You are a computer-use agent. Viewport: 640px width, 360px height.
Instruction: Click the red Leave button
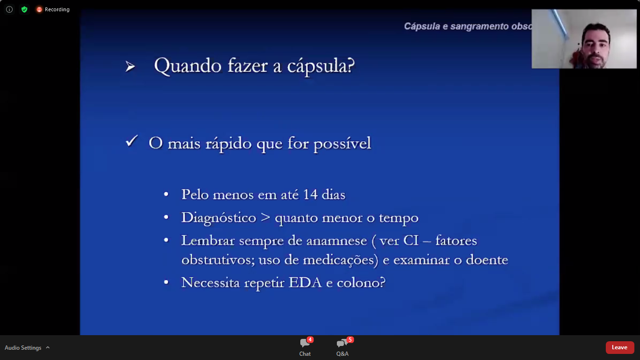tap(620, 347)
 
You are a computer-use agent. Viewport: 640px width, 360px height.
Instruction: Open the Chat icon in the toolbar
tap(305, 343)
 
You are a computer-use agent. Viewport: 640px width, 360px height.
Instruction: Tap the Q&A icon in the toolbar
tap(342, 343)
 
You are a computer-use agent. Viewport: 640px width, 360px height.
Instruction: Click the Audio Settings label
tap(23, 348)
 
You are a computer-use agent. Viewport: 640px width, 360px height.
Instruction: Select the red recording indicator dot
tap(39, 9)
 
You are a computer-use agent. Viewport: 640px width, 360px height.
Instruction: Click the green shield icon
tap(24, 9)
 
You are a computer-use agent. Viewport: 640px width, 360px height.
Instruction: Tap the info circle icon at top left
tap(9, 9)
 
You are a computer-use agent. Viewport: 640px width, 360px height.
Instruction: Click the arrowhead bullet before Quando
tap(130, 67)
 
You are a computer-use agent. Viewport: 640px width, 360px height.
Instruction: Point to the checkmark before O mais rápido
tap(132, 141)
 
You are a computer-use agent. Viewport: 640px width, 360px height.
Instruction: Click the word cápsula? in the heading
tap(321, 67)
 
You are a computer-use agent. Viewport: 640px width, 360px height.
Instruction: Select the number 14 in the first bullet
tap(310, 195)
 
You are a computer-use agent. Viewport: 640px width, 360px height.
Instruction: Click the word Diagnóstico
tap(219, 218)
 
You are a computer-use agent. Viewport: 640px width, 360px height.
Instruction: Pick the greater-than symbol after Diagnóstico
tap(266, 217)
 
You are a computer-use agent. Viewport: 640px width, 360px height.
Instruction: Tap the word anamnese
tap(336, 241)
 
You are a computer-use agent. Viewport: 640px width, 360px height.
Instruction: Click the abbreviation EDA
tap(305, 283)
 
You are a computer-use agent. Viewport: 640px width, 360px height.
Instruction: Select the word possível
tap(342, 143)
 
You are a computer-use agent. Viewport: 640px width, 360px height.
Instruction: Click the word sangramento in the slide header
tap(479, 27)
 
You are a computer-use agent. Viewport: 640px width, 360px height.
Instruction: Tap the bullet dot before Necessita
tap(166, 282)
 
